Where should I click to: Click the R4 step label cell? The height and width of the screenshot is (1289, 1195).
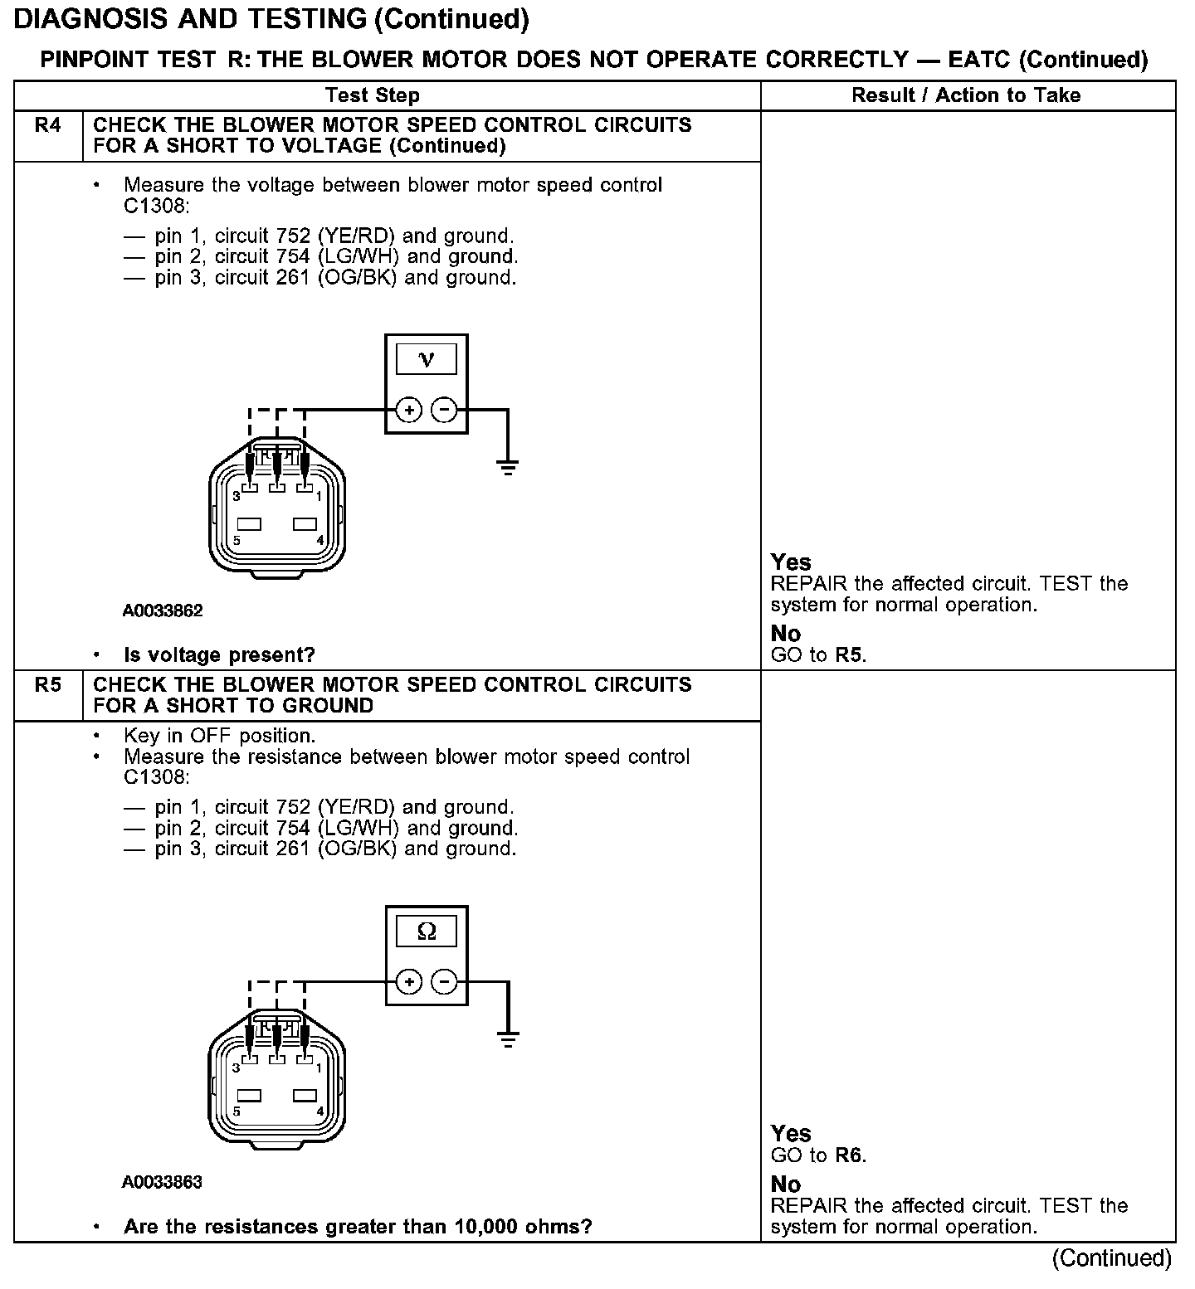point(48,126)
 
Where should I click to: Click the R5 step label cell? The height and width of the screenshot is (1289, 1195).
point(48,686)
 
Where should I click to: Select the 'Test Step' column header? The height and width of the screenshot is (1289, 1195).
point(373,95)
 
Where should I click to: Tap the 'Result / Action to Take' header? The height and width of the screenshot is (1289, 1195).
point(966,95)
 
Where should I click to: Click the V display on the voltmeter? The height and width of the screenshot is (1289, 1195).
point(427,360)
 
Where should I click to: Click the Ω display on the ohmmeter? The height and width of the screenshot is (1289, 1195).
point(427,931)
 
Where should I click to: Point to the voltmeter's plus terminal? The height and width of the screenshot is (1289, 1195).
point(408,410)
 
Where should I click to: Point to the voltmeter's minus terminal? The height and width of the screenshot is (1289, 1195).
point(445,410)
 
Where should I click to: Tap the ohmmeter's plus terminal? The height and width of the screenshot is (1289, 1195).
point(408,982)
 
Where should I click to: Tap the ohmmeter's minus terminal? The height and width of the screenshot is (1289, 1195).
point(445,982)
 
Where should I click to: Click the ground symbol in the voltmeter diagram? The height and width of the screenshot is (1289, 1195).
point(508,466)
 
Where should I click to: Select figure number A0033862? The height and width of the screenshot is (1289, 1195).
point(163,611)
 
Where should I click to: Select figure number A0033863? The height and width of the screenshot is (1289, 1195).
point(163,1182)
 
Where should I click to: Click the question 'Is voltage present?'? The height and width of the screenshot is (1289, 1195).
point(219,655)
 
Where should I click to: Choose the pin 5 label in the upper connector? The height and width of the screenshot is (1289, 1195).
point(237,541)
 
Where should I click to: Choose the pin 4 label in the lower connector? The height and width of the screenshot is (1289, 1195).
point(320,1111)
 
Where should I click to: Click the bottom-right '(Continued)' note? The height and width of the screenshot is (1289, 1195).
point(1111,1258)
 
